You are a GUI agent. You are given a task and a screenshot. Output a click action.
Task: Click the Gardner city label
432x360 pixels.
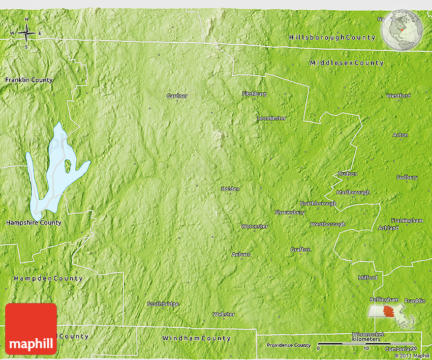[177, 96]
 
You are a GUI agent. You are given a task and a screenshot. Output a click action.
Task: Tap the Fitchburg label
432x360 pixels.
[254, 94]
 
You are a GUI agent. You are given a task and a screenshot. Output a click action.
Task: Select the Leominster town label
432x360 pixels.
[271, 118]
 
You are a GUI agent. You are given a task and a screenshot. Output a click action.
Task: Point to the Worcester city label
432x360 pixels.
[254, 226]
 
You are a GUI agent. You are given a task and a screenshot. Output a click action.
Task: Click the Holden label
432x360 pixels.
[230, 189]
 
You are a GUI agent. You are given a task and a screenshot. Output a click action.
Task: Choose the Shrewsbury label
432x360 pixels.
[290, 212]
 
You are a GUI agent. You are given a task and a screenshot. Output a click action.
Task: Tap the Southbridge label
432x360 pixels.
[163, 304]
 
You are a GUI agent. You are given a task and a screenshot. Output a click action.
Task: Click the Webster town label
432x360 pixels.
[224, 314]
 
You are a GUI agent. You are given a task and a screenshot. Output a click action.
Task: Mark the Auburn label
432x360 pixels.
[241, 254]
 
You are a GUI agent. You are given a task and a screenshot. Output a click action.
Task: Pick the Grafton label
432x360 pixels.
[300, 250]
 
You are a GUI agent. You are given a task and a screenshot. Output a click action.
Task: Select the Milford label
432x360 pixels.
[367, 278]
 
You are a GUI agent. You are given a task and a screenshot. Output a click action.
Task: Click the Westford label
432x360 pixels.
[398, 96]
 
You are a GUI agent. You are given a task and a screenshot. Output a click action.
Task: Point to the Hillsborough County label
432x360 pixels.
[332, 38]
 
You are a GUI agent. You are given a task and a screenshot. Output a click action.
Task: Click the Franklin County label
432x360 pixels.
[29, 80]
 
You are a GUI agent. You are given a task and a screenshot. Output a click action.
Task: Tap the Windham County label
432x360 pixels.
[196, 338]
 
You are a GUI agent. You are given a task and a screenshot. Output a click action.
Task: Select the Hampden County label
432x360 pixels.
[48, 279]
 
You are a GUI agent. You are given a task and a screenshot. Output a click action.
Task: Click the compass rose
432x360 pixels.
[26, 34]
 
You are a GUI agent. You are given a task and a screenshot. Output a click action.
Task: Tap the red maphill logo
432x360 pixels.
[31, 329]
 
